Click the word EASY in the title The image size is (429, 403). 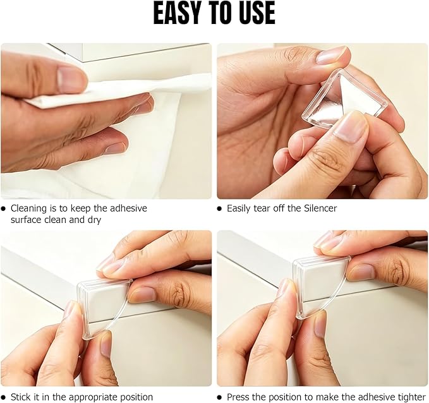tap(179, 13)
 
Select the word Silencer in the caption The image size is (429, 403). tap(320, 208)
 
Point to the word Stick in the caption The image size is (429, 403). tap(20, 397)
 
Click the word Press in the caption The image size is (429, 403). tap(238, 397)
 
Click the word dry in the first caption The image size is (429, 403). tap(95, 220)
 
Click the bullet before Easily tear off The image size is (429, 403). tap(219, 208)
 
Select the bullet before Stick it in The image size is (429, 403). tap(3, 397)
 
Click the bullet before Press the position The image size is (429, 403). tap(219, 397)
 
